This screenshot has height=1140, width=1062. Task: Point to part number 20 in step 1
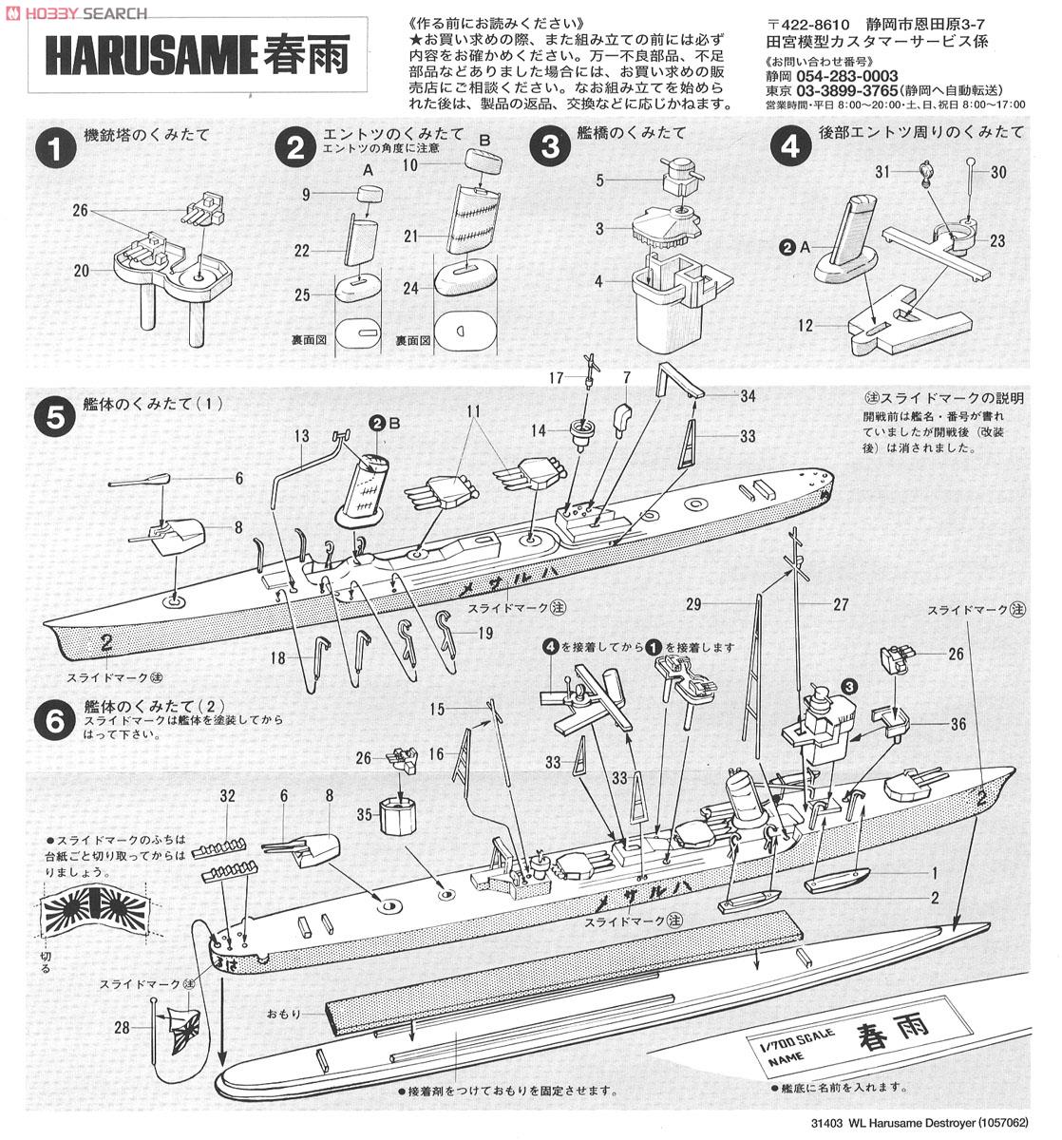(82, 271)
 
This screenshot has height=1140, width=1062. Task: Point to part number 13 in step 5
(301, 437)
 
